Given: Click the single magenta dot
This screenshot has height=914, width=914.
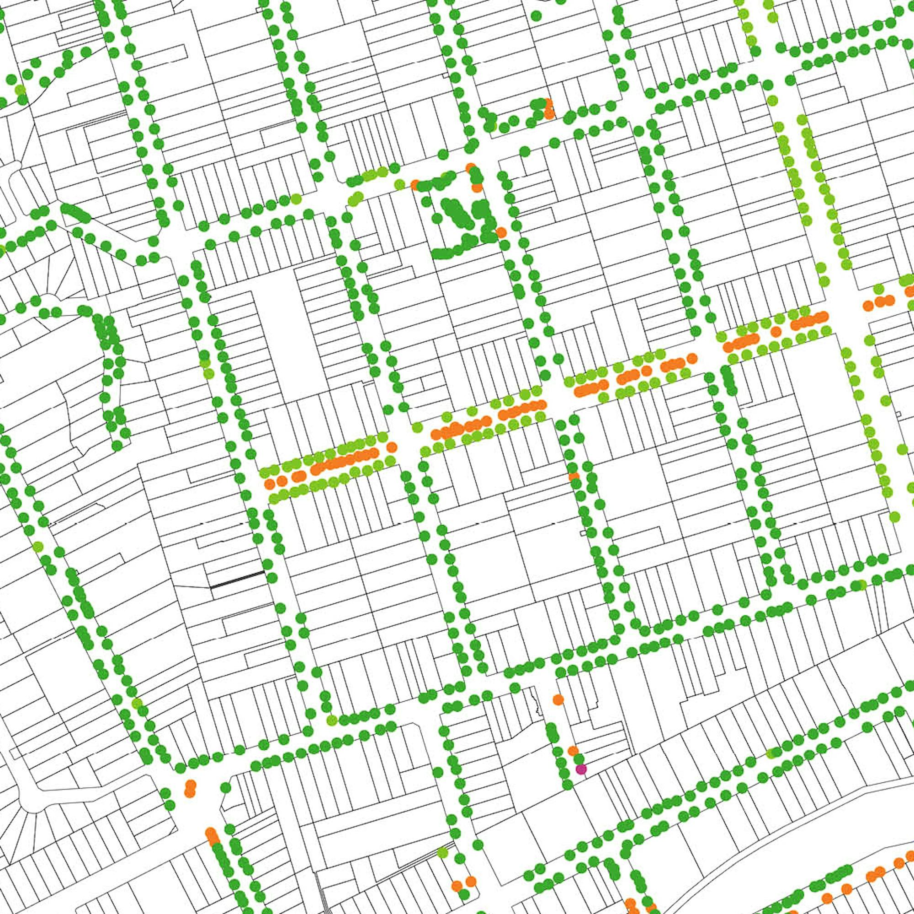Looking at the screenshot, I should (x=581, y=769).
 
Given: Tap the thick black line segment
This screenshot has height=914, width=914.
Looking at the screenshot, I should (x=237, y=580).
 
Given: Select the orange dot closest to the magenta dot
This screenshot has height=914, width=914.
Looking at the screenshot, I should (x=573, y=751).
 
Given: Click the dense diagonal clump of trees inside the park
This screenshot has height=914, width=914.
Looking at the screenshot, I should (x=456, y=215).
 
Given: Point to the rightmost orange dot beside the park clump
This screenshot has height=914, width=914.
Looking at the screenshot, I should (x=501, y=232).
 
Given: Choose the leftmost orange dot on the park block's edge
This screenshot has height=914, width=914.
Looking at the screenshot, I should (x=415, y=184).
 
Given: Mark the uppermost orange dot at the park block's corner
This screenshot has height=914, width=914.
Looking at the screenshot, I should (x=470, y=167).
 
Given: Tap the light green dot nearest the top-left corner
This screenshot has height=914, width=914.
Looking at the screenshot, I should (x=20, y=89).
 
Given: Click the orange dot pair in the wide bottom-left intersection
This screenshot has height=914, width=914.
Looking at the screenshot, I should (x=190, y=789).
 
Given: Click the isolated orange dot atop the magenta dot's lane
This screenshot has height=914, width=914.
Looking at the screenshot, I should (x=558, y=699).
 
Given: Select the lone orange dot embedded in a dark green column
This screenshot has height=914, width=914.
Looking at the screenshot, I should (x=574, y=476).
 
